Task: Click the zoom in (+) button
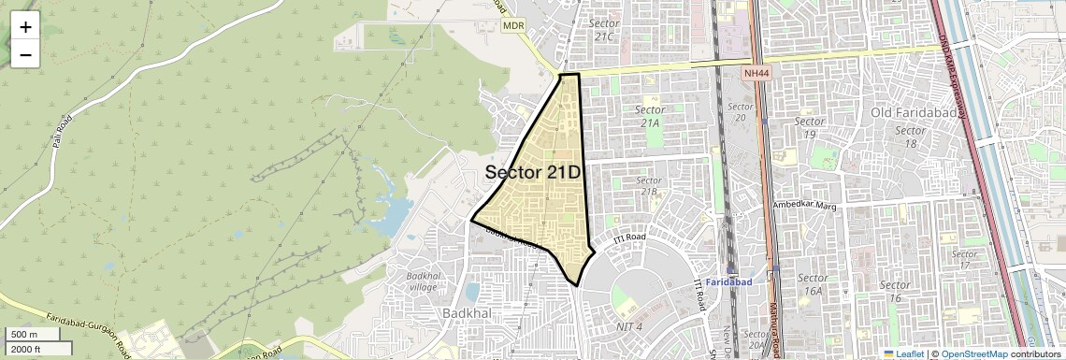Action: pyautogui.click(x=25, y=27)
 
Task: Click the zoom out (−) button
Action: pyautogui.click(x=25, y=55)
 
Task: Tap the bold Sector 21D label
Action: pyautogui.click(x=533, y=173)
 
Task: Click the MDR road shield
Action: pyautogui.click(x=512, y=26)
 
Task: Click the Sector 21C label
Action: pyautogui.click(x=604, y=29)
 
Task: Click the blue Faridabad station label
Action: pyautogui.click(x=729, y=281)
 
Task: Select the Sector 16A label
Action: pyautogui.click(x=813, y=284)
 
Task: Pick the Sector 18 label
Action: pyautogui.click(x=910, y=137)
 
